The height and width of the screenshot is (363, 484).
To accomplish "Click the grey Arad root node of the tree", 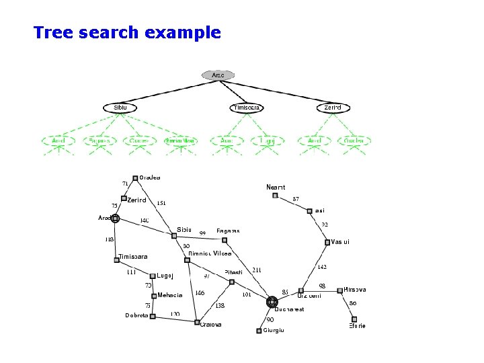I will click(x=218, y=75).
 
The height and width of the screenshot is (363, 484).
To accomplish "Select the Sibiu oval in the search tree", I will click(x=120, y=108).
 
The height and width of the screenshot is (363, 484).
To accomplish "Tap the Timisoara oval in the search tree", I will click(x=246, y=108).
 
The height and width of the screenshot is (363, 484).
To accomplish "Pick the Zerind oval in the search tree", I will click(x=333, y=108).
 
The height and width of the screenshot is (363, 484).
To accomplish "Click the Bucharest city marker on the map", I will click(x=272, y=302).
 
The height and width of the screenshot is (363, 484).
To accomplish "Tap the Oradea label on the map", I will click(x=150, y=177).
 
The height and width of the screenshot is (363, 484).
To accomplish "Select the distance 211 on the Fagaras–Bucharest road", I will click(x=257, y=270).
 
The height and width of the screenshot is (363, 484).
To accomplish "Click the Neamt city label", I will click(x=276, y=187).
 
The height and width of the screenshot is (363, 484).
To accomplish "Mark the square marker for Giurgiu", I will click(x=259, y=331).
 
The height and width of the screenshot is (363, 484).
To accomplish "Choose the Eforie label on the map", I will click(x=357, y=326).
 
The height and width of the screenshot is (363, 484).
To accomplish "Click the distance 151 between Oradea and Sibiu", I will click(x=161, y=202).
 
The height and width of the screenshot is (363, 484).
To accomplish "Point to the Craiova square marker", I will click(x=197, y=322).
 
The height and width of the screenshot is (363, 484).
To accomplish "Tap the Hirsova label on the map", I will click(x=355, y=290).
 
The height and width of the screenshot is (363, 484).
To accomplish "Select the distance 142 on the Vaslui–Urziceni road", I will click(x=322, y=267).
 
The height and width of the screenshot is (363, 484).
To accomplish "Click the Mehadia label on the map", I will click(x=170, y=295).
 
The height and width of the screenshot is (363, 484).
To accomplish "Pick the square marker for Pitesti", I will click(x=232, y=282).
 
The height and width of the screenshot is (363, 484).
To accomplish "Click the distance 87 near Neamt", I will click(x=296, y=199).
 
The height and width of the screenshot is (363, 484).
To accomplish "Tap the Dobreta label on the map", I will click(x=136, y=315).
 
